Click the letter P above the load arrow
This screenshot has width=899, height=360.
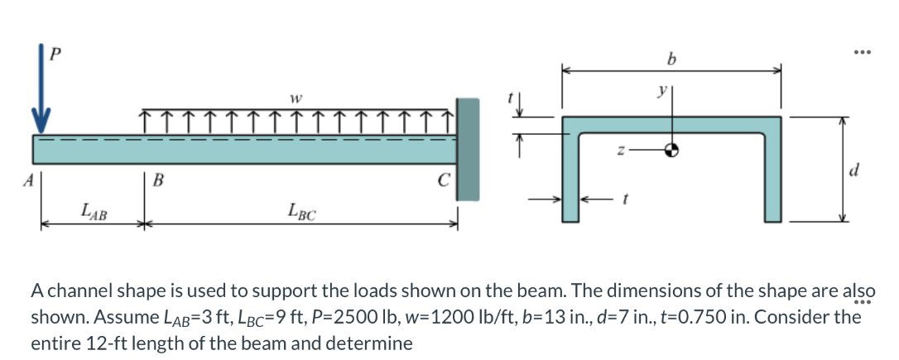[55, 54]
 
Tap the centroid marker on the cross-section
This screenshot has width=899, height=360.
[672, 151]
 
